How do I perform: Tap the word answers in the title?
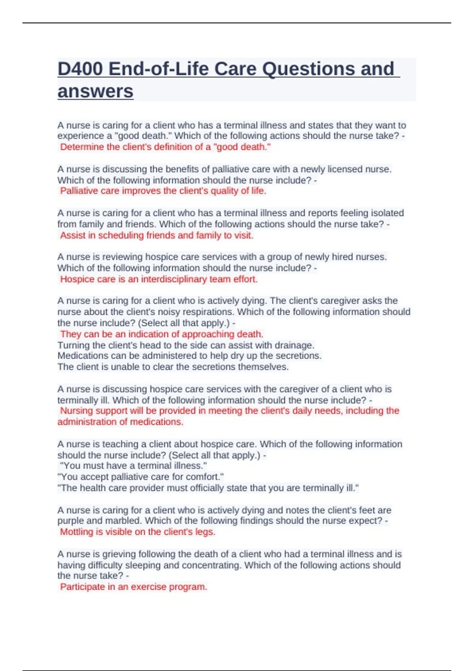click(x=95, y=92)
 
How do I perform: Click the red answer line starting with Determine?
click(x=165, y=147)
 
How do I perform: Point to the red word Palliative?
click(x=78, y=191)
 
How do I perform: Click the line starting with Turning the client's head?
click(x=186, y=345)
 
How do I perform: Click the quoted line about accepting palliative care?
click(x=141, y=477)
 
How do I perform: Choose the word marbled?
click(x=123, y=521)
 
